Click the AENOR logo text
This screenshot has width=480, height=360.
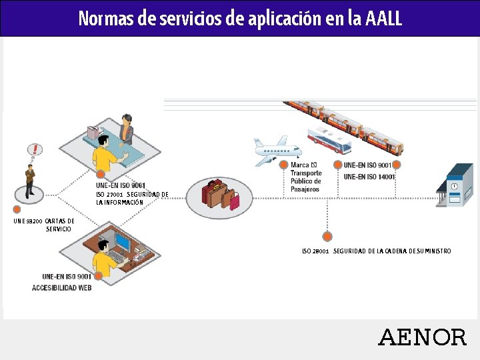point(422,337)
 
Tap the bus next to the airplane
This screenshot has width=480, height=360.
point(329,140)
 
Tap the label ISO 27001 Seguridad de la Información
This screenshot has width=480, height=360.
point(132,198)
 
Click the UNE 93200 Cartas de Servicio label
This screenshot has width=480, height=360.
point(44,225)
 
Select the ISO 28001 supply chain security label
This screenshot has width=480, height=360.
point(376,251)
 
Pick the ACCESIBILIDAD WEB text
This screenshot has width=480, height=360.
point(62,288)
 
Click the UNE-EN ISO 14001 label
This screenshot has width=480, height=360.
point(369,177)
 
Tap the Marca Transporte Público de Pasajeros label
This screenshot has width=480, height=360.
point(305,177)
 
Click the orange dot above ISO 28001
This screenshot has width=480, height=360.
point(327,235)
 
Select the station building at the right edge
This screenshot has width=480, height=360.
point(455,186)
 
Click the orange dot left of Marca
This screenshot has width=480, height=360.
point(284,165)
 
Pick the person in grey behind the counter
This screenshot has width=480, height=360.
point(125,129)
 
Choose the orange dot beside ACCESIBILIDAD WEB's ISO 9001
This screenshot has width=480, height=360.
point(98,275)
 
